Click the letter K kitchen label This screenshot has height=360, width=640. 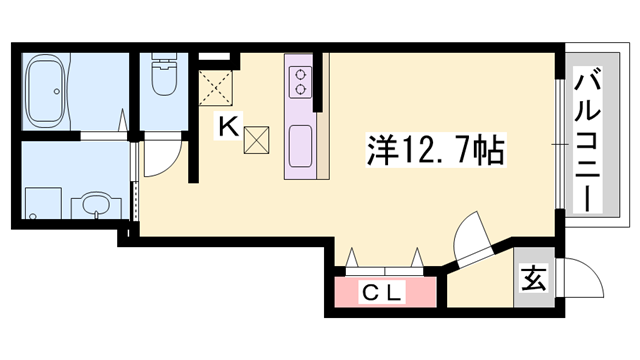pyautogui.click(x=228, y=128)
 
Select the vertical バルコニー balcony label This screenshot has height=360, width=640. pyautogui.click(x=584, y=140)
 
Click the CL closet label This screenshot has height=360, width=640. pyautogui.click(x=381, y=294)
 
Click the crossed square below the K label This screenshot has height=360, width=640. pyautogui.click(x=256, y=141)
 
